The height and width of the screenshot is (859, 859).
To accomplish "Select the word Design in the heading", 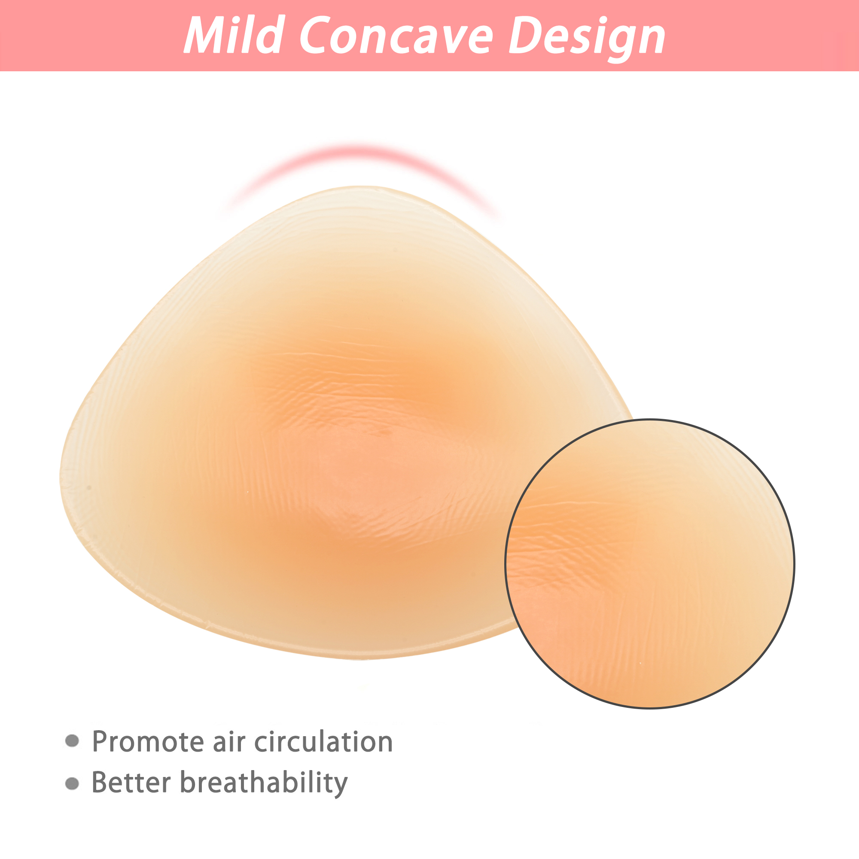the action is coord(586,39).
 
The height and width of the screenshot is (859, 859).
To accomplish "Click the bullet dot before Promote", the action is coord(72,741).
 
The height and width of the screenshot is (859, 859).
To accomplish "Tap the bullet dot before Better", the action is coord(72,783).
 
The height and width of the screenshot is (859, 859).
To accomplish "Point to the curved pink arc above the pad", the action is coord(361,151).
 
